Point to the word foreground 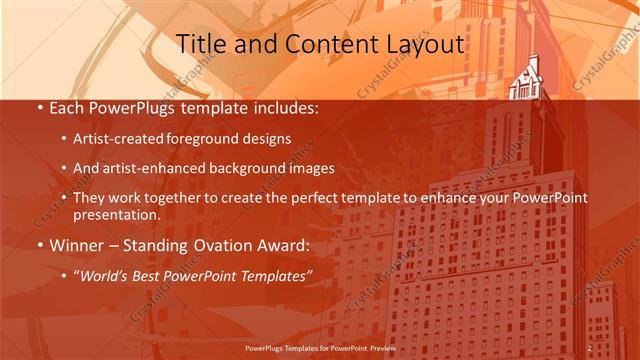(x=206, y=139)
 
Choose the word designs (x=266, y=139)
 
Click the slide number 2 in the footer (x=590, y=348)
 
